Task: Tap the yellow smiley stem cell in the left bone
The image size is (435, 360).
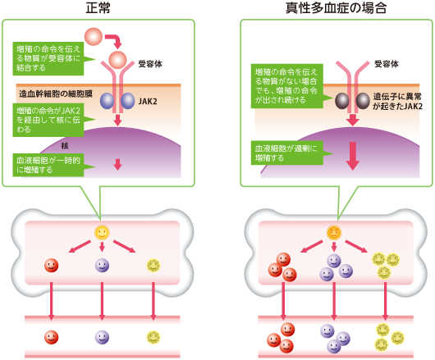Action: point(101,232)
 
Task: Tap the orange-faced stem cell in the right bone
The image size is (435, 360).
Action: point(333,232)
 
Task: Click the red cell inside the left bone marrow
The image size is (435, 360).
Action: point(51,266)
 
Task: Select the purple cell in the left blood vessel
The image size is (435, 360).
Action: point(102,336)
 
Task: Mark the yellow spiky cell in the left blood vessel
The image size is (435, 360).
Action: point(153,336)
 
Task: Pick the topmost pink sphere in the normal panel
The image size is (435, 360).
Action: point(94,37)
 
